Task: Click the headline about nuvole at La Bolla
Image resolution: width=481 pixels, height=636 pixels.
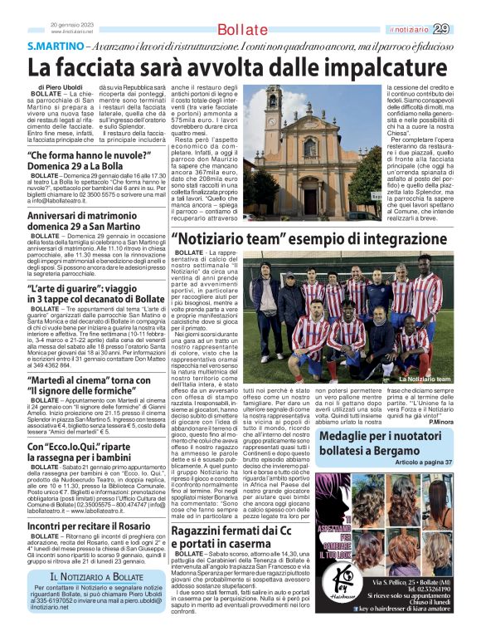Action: pos(93,161)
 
